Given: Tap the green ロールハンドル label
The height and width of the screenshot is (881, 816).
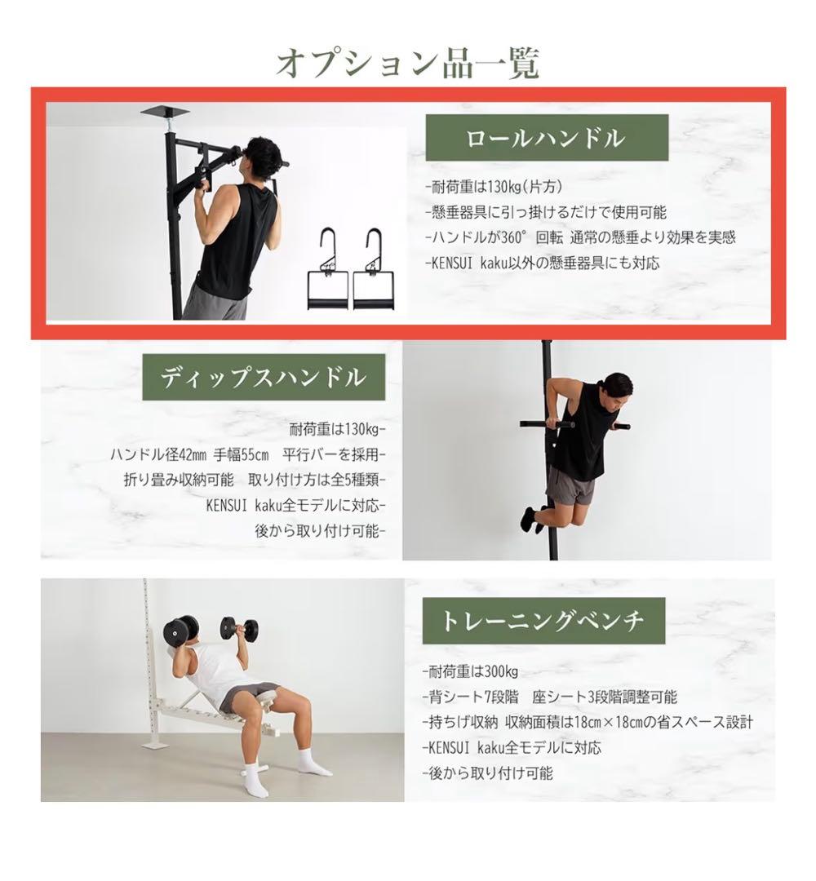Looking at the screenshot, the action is click(546, 138).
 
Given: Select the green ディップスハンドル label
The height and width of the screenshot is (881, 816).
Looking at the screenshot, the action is click(264, 377).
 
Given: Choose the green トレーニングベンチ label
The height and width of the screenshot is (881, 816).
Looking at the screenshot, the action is click(543, 621).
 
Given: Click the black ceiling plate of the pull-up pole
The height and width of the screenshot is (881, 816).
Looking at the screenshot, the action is click(164, 112).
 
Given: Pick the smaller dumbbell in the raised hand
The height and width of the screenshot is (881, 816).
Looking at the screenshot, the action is click(239, 628).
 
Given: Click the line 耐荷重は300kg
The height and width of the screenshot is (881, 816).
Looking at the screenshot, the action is click(470, 671).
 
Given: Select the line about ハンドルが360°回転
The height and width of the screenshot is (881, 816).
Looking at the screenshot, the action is click(580, 237).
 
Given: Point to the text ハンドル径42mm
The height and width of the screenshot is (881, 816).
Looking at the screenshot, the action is click(159, 454).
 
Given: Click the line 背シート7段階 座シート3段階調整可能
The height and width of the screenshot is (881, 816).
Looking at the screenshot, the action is click(550, 697).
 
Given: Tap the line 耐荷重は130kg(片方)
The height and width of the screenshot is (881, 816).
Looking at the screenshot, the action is click(494, 187).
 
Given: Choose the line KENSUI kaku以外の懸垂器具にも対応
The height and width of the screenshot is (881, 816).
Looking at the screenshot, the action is click(543, 263).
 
